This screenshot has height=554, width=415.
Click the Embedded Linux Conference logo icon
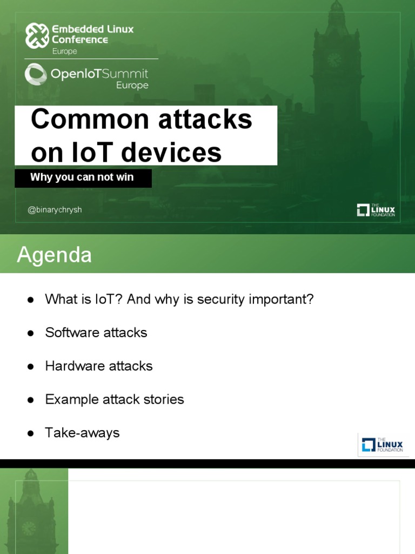(x=37, y=35)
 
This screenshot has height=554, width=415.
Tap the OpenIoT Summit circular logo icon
(x=36, y=74)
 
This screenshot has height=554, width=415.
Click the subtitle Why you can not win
(x=82, y=177)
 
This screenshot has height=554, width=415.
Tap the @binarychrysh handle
(x=55, y=210)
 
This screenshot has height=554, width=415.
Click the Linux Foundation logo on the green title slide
(x=376, y=210)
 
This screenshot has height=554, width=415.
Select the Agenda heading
(x=54, y=255)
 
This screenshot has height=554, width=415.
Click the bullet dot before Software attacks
(x=31, y=333)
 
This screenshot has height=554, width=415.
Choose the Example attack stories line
(x=115, y=400)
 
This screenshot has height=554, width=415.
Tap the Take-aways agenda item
(x=82, y=433)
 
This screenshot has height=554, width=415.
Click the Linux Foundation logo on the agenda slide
(x=383, y=445)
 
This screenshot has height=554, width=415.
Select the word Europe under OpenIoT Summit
(x=132, y=85)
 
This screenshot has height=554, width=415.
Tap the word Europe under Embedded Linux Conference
(x=64, y=51)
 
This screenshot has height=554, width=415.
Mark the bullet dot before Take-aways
(x=31, y=433)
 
